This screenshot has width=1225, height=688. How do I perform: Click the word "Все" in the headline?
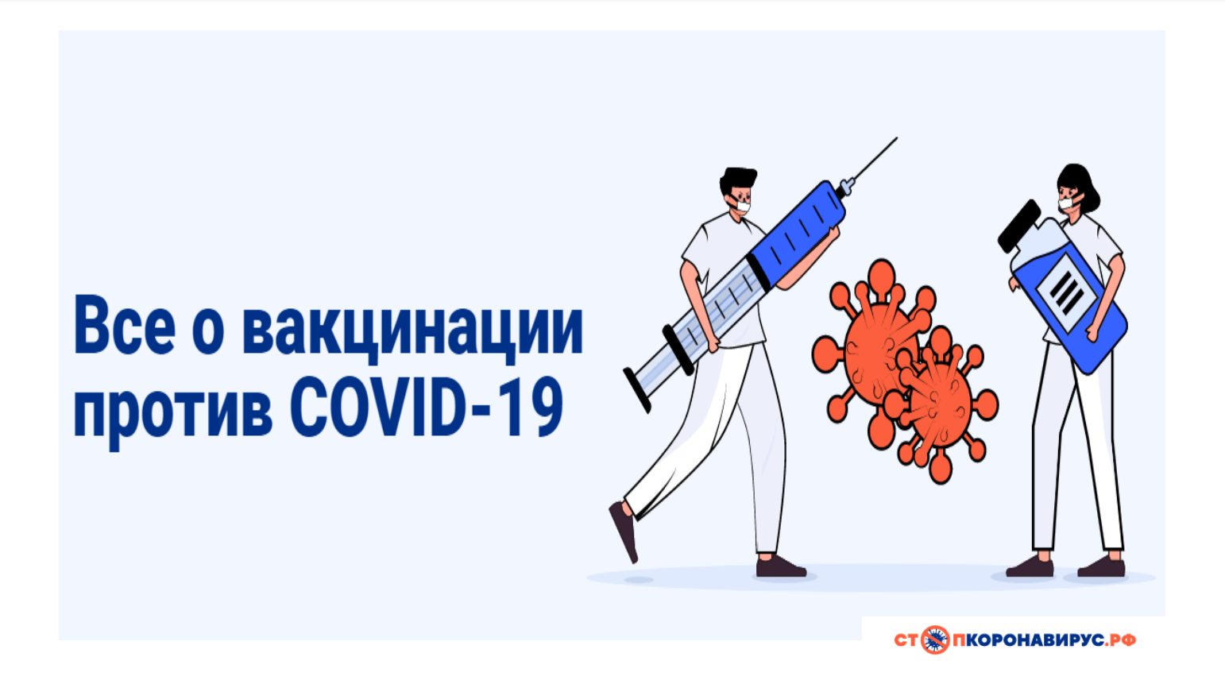coord(125,325)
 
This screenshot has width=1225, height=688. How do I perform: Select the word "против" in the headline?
coord(173,410)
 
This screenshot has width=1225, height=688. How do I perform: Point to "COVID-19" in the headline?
coord(427,407)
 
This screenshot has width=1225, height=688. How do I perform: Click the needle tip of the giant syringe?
coord(897,137)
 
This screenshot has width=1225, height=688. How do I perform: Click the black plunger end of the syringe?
coord(636,390)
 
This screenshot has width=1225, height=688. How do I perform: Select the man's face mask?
coord(743,207)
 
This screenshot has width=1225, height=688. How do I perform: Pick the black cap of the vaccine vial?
coord(1018,226)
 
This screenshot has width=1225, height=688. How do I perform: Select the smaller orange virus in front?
coord(941,404)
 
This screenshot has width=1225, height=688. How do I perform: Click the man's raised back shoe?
coord(624,531)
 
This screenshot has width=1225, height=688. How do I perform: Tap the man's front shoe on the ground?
coord(780,567)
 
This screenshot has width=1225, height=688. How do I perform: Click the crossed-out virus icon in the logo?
coord(935,640)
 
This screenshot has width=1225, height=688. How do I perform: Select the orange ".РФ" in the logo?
coord(1120,640)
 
